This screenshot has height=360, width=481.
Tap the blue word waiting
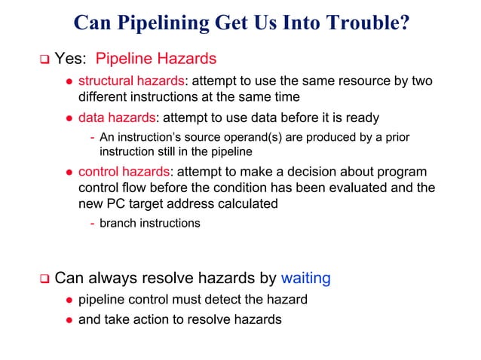pyautogui.click(x=305, y=279)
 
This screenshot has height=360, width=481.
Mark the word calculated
pyautogui.click(x=240, y=203)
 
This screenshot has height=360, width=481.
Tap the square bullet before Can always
pyautogui.click(x=44, y=279)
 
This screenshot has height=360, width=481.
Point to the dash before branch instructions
pyautogui.click(x=92, y=223)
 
